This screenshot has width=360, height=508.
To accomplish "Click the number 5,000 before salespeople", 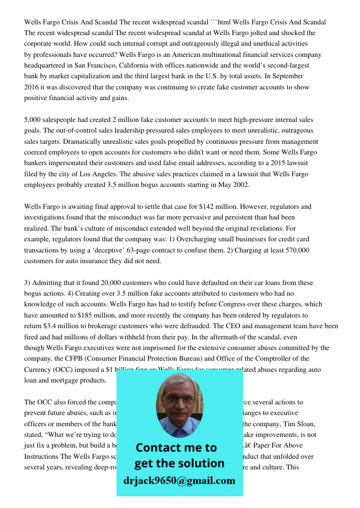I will coord(33,120).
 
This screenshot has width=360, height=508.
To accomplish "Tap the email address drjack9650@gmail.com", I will coord(179,481).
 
